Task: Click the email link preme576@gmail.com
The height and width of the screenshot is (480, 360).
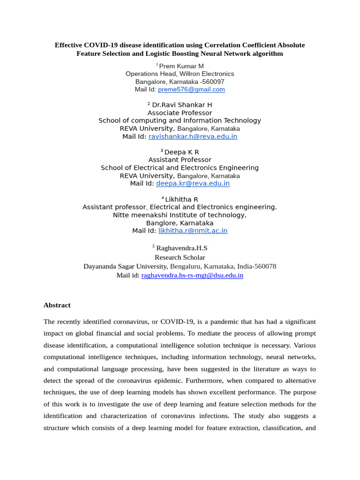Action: click(191, 90)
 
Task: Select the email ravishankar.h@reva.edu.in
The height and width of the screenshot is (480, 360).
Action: click(193, 136)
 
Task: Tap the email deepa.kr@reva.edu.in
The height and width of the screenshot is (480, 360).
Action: click(193, 183)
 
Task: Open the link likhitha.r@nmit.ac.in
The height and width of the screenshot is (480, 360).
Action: click(193, 231)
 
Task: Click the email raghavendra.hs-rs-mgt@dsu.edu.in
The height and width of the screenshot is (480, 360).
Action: click(192, 276)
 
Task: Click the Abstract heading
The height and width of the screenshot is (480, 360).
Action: click(57, 305)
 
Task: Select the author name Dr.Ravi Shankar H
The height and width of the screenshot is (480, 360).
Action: click(182, 105)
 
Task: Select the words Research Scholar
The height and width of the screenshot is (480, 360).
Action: click(180, 257)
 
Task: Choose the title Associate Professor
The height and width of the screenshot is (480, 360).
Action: click(180, 113)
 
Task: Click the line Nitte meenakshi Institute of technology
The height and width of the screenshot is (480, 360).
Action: click(180, 215)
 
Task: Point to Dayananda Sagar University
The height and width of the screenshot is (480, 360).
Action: click(126, 266)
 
